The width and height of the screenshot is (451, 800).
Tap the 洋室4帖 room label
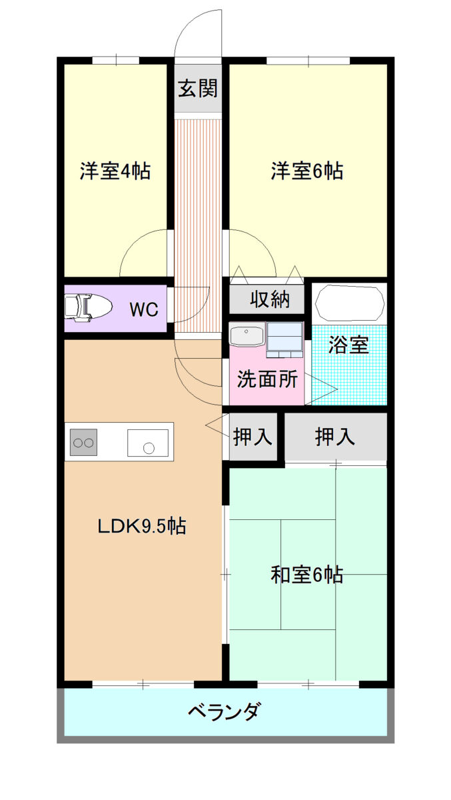pyautogui.click(x=115, y=171)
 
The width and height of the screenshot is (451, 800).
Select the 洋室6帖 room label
pyautogui.click(x=307, y=171)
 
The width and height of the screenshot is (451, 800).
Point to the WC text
pyautogui.click(x=144, y=309)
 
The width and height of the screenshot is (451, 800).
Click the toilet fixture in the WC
pyautogui.click(x=88, y=307)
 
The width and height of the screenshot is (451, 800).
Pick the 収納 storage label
pyautogui.click(x=270, y=299)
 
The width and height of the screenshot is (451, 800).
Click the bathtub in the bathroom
pyautogui.click(x=350, y=303)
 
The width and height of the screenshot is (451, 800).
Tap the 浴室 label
pyautogui.click(x=348, y=345)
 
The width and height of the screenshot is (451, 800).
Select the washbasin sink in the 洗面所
pyautogui.click(x=247, y=335)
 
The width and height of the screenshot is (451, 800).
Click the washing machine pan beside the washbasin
pyautogui.click(x=285, y=339)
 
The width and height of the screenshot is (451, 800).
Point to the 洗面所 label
pyautogui.click(x=267, y=379)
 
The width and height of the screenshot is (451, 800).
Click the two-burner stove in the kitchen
pyautogui.click(x=83, y=442)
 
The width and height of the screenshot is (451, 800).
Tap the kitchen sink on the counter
pyautogui.click(x=148, y=443)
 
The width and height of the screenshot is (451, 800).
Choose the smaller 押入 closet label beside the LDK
pyautogui.click(x=252, y=437)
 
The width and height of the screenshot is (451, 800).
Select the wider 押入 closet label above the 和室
pyautogui.click(x=335, y=437)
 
